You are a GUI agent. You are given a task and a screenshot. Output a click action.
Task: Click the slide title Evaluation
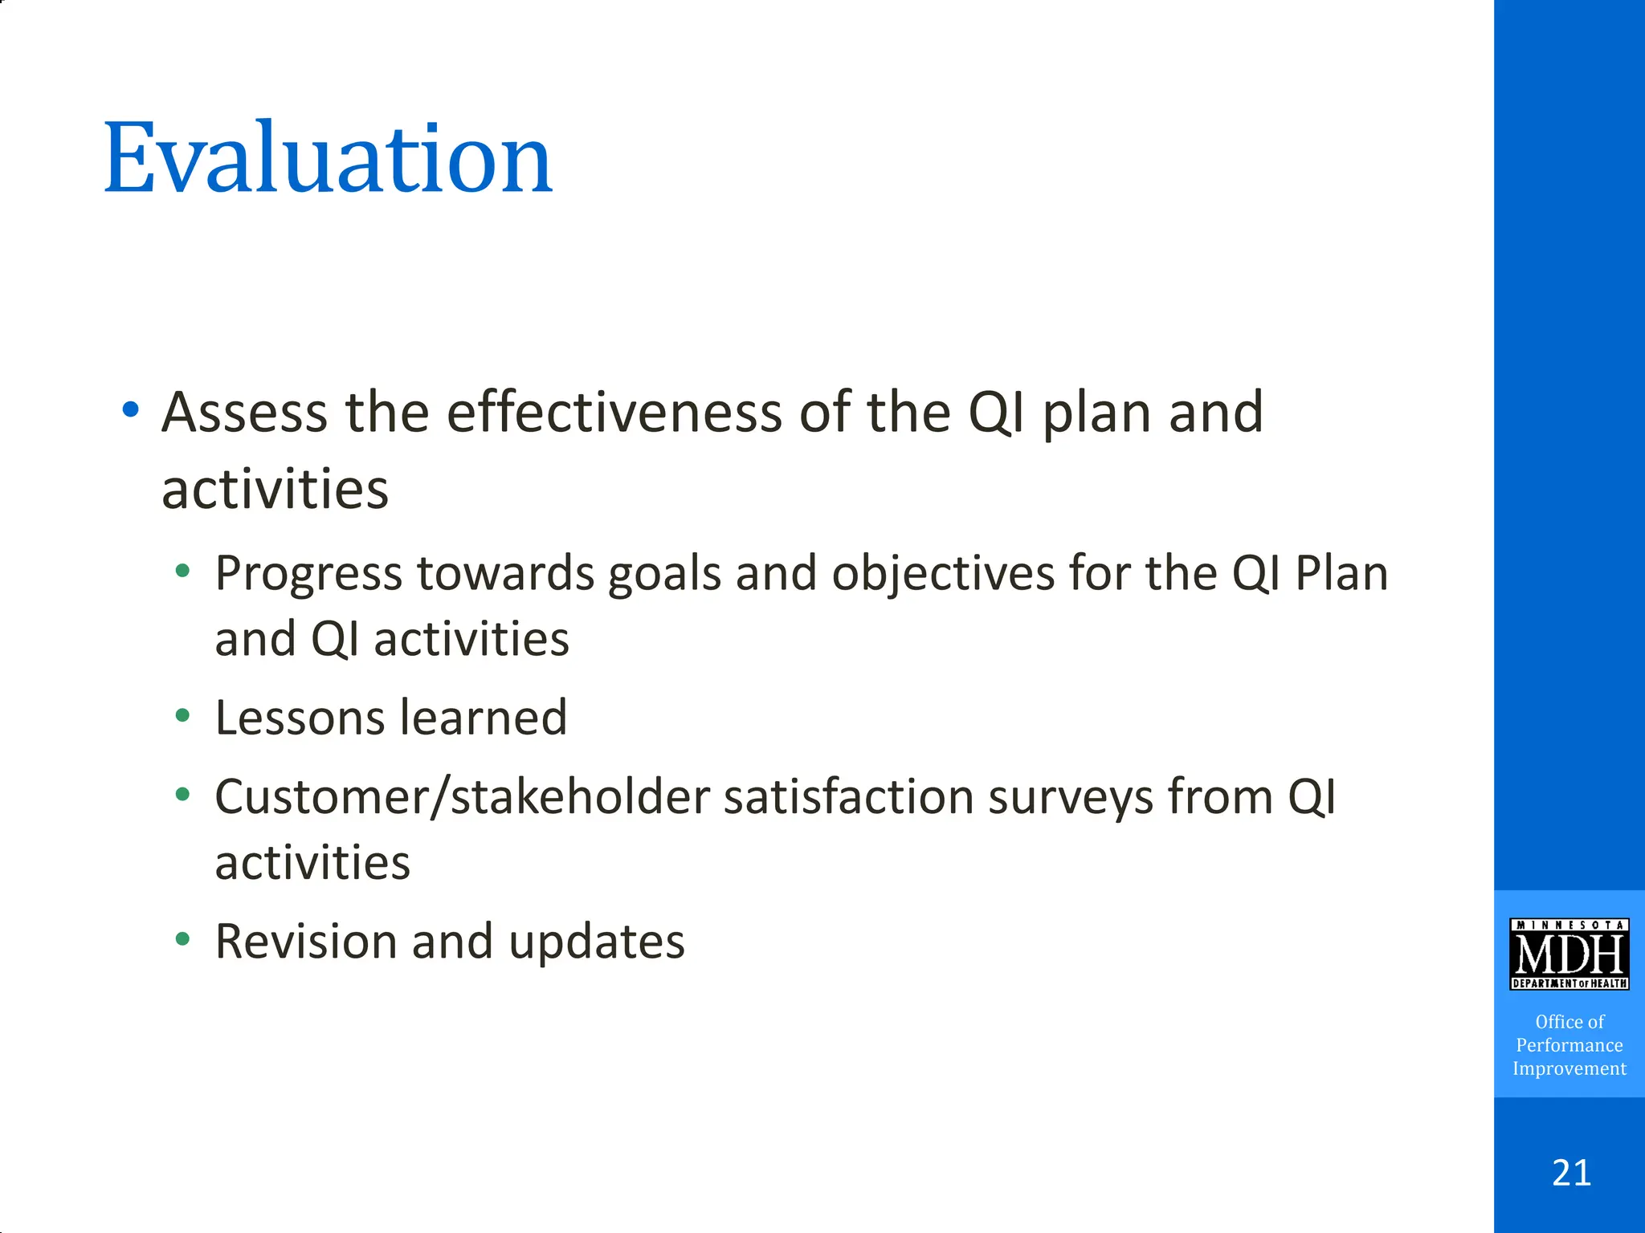click(328, 158)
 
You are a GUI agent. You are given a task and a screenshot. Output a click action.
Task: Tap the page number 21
click(1571, 1173)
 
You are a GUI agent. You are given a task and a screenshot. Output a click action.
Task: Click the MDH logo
click(1569, 954)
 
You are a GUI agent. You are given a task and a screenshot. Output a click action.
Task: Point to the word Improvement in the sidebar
click(1569, 1068)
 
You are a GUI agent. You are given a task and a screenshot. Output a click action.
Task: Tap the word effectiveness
click(614, 413)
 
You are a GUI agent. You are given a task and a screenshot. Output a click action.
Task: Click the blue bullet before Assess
click(130, 411)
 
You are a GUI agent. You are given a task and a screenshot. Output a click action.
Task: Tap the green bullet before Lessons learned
click(182, 715)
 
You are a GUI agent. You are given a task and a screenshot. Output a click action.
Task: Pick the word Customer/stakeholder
click(462, 798)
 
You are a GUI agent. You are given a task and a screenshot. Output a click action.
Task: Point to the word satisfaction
click(848, 798)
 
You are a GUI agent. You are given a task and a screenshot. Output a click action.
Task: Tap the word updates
click(596, 942)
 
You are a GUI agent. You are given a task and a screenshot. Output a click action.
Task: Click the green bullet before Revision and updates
click(182, 938)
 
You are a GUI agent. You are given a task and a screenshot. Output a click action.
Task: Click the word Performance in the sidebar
click(1569, 1045)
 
